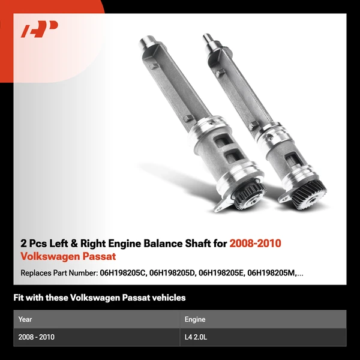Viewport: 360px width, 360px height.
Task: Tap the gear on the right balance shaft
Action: pyautogui.click(x=311, y=192)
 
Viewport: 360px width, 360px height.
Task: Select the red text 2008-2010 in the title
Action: pyautogui.click(x=256, y=244)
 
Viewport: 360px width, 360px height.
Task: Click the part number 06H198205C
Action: pyautogui.click(x=122, y=273)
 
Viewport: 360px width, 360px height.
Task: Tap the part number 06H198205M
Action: pyautogui.click(x=275, y=273)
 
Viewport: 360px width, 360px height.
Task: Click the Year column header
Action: pyautogui.click(x=25, y=319)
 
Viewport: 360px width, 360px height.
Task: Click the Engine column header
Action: pyautogui.click(x=195, y=319)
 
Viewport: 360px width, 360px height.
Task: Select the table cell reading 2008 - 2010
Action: pyautogui.click(x=37, y=337)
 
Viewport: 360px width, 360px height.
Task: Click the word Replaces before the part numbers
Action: pyautogui.click(x=37, y=273)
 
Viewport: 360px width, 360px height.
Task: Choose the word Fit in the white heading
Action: pyautogui.click(x=19, y=298)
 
